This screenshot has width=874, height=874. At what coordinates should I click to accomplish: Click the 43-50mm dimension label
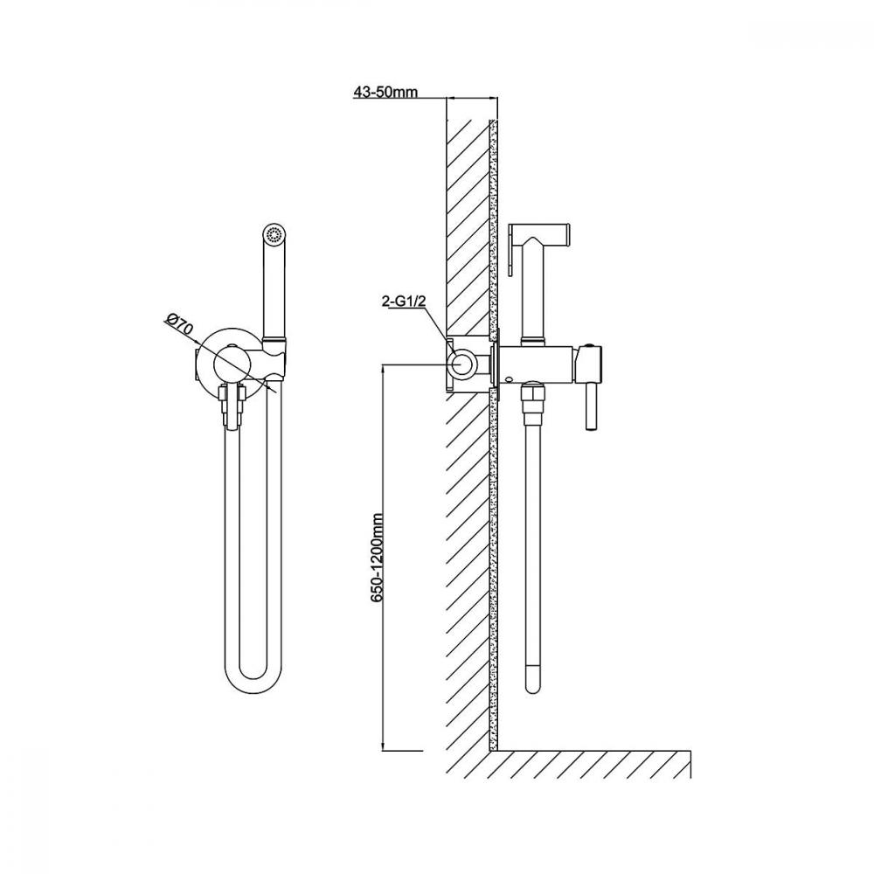(x=385, y=92)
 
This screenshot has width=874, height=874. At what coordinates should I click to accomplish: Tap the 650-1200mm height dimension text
(x=378, y=558)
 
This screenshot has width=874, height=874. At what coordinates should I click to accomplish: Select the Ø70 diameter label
(x=179, y=325)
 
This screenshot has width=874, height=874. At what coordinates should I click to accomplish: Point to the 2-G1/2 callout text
(x=404, y=302)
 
